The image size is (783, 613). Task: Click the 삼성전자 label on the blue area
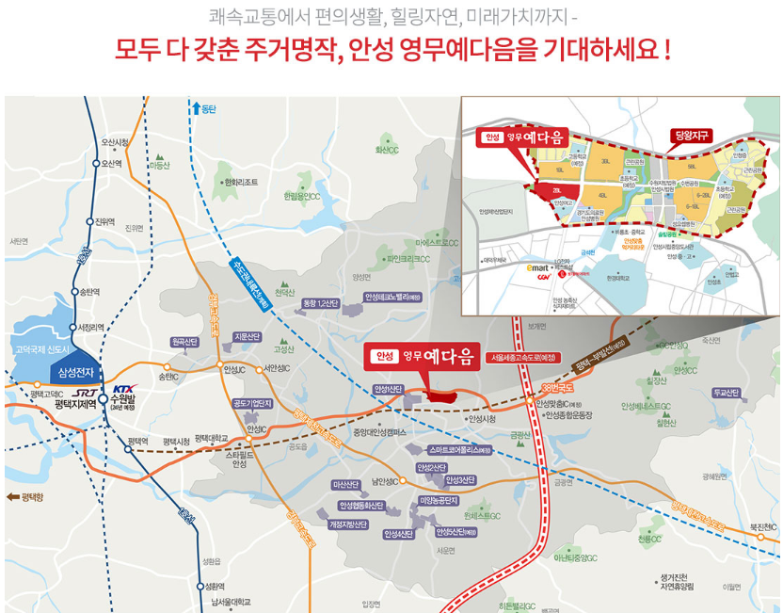click(79, 372)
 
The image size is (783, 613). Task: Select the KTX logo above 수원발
click(124, 388)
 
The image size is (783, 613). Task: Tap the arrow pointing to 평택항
click(12, 495)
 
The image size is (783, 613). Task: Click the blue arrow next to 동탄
click(195, 108)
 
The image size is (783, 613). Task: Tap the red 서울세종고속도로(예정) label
click(522, 357)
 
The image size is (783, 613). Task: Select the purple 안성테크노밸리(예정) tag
click(393, 298)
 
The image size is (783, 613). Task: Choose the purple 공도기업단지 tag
click(251, 404)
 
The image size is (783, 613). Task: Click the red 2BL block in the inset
click(558, 189)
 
